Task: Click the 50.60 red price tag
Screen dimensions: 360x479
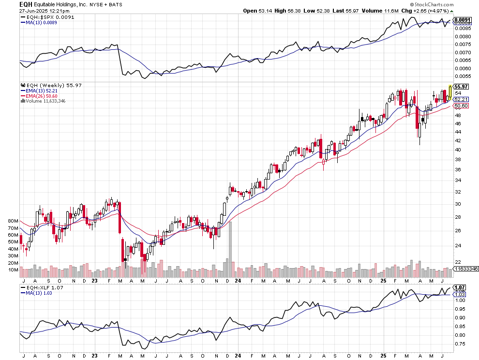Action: (461, 105)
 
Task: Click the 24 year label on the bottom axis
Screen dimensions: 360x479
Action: (238, 355)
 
